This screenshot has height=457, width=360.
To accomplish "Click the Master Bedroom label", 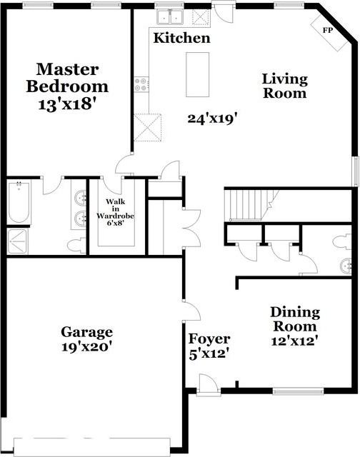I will pyautogui.click(x=67, y=78).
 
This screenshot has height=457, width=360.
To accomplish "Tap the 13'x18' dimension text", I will pyautogui.click(x=67, y=104).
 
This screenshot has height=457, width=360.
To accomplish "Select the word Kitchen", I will pyautogui.click(x=182, y=38).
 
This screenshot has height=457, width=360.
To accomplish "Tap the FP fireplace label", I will pyautogui.click(x=328, y=31).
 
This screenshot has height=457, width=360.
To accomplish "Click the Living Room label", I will pyautogui.click(x=284, y=86).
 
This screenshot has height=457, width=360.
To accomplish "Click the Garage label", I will pyautogui.click(x=86, y=332).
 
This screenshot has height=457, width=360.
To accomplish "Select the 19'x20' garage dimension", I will pyautogui.click(x=86, y=348).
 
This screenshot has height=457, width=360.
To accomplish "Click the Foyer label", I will pyautogui.click(x=209, y=338).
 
